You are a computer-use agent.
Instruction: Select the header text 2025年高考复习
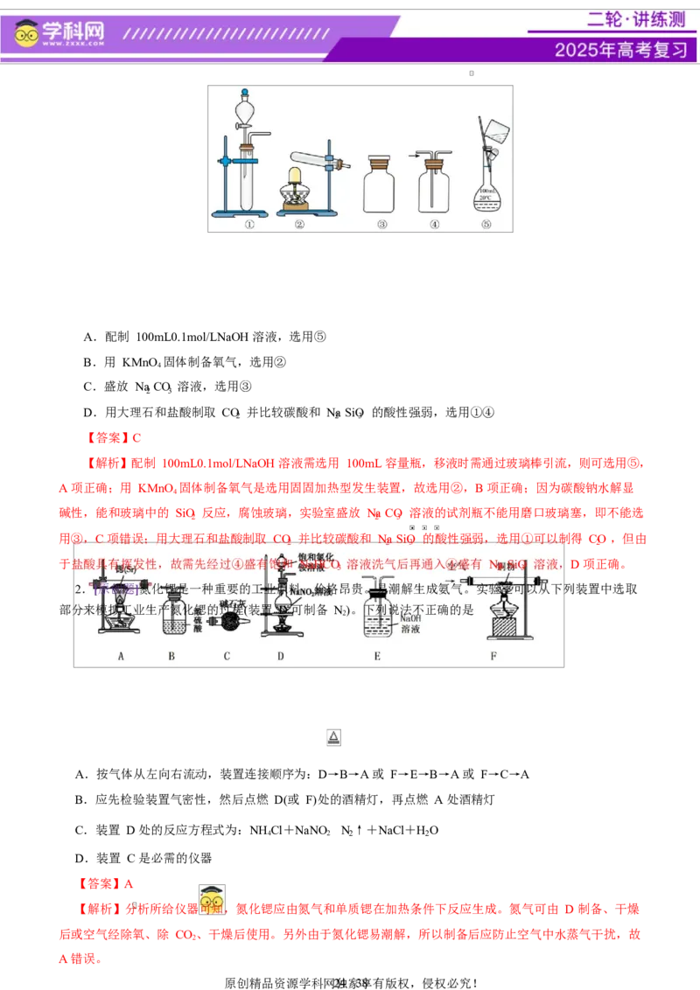(x=620, y=50)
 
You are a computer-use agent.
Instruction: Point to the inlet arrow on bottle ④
(x=414, y=155)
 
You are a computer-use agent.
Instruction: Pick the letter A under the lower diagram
(x=121, y=655)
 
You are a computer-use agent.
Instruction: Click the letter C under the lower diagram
(x=227, y=655)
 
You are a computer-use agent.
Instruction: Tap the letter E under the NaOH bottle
(x=377, y=655)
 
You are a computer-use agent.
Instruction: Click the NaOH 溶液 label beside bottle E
(x=414, y=624)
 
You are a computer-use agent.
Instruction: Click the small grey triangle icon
(x=333, y=738)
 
